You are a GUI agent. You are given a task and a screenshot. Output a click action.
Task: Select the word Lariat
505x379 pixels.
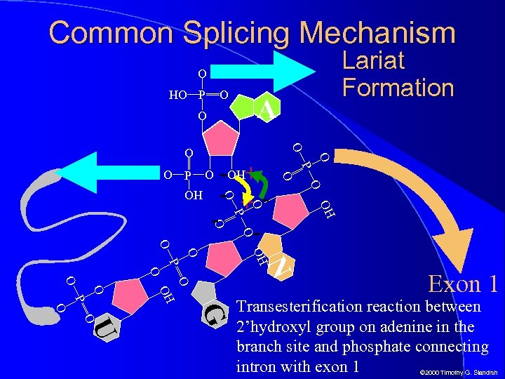pyautogui.click(x=373, y=61)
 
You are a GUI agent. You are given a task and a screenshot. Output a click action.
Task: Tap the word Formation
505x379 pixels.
pyautogui.click(x=398, y=88)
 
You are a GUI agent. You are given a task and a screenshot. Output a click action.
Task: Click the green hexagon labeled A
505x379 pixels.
pyautogui.click(x=262, y=108)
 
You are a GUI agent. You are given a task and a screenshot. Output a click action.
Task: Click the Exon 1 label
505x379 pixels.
pyautogui.click(x=464, y=284)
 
